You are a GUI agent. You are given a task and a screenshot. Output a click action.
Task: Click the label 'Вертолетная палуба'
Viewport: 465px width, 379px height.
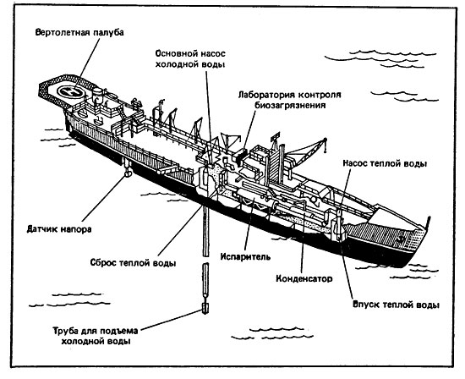pos(79,32)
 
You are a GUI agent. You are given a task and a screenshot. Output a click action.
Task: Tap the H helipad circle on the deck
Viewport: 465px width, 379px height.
pos(71,91)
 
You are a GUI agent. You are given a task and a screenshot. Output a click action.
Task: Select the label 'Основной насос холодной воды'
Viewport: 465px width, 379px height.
pos(190,58)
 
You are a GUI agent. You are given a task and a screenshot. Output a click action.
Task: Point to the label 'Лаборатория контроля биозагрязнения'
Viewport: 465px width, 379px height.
pos(290,100)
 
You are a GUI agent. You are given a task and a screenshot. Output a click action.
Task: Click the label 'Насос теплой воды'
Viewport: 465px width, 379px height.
pos(385,163)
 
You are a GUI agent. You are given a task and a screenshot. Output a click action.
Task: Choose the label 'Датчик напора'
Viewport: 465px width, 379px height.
pos(59,229)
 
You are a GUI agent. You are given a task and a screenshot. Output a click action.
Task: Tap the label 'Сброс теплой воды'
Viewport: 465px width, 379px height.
pos(133,263)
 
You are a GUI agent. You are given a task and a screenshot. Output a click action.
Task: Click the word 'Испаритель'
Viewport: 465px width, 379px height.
pos(245,256)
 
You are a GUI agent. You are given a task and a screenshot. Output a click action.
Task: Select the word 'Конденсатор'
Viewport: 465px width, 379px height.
pos(304,278)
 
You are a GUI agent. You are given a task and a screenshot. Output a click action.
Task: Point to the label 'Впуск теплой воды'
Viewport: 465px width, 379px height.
pos(396,305)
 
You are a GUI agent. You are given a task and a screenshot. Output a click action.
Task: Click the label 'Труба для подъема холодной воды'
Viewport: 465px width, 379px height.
pos(96,336)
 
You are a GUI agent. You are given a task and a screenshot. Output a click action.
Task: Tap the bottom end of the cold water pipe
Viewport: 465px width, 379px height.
pos(205,314)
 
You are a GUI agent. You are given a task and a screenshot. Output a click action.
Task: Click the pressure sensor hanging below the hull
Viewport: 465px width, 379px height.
pos(128,173)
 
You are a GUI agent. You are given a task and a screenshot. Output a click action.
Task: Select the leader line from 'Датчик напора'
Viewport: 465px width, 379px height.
pos(103,199)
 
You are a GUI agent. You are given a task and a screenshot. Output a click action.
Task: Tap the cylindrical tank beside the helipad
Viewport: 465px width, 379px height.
pos(97,95)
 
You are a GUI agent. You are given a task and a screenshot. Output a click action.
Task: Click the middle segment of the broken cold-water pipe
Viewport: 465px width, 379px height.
pos(205,280)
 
